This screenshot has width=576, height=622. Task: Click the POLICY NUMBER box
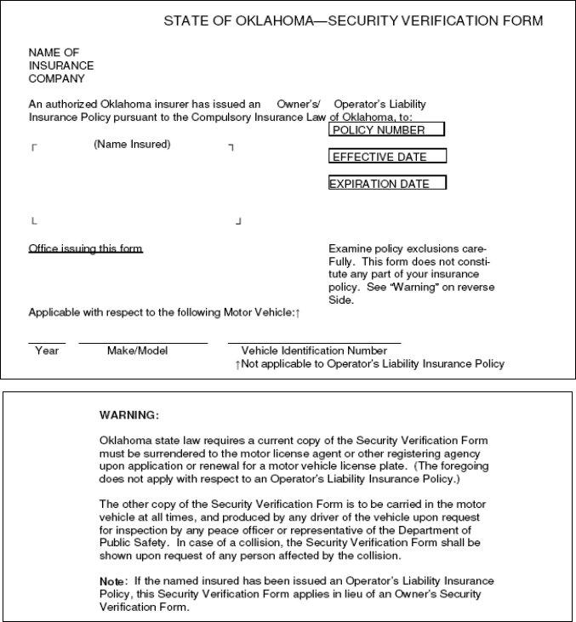click(x=387, y=130)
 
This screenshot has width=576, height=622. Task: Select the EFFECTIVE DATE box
click(x=387, y=157)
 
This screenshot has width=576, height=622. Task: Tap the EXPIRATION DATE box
click(x=387, y=183)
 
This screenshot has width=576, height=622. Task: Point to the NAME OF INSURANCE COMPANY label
click(x=60, y=66)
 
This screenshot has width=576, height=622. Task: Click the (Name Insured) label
click(x=132, y=145)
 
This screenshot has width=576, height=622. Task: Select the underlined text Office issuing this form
click(x=86, y=248)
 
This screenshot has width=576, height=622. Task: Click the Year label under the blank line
click(x=47, y=351)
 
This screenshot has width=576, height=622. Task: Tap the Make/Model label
click(x=138, y=351)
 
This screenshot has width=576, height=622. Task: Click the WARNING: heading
click(x=129, y=415)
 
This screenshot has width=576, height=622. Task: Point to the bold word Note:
click(x=113, y=580)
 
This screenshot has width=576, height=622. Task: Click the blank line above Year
click(x=47, y=342)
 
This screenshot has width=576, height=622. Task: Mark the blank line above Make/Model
click(x=143, y=342)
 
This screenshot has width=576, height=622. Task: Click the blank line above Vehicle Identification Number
click(x=314, y=342)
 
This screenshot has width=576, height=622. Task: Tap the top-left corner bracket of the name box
click(x=34, y=148)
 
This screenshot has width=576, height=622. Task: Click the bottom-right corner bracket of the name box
click(x=238, y=221)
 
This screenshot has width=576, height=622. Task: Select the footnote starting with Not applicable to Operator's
click(x=372, y=364)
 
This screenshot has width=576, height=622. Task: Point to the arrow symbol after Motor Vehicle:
click(x=297, y=313)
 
